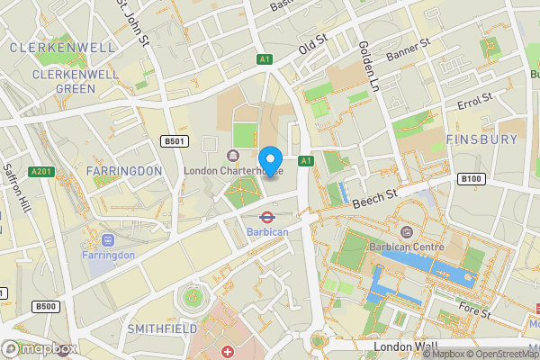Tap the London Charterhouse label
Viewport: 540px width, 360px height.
coord(233,169)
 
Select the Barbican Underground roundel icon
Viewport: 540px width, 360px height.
coord(267,216)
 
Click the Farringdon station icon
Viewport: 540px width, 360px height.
coord(108,239)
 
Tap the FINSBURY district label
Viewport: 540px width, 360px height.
coord(481,139)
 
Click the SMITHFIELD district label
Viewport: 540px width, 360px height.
coord(163,329)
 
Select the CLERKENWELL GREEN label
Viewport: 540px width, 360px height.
coord(65,82)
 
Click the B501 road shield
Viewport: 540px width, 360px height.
coord(174,141)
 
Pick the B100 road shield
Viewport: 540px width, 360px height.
coord(471,179)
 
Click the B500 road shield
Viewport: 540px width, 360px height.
coord(46,307)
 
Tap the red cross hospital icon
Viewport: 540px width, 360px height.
coord(228,349)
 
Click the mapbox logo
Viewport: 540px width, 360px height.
coord(40,348)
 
